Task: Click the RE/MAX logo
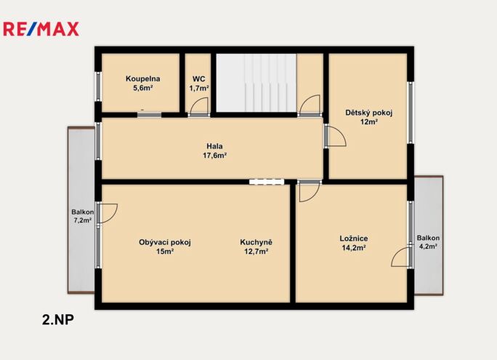tap(41, 29)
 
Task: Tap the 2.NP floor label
tap(58, 320)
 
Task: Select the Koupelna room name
tap(142, 79)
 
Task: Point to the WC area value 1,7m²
tap(199, 88)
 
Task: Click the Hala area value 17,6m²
tap(214, 156)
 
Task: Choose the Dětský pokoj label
tap(369, 113)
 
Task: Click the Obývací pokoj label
tap(165, 243)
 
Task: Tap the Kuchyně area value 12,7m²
tap(256, 252)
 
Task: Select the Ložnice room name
tap(354, 239)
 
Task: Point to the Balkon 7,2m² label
tap(82, 216)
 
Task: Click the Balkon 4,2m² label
tap(428, 241)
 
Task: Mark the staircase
tap(256, 82)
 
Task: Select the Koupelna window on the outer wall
tap(99, 87)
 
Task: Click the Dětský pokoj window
tap(411, 113)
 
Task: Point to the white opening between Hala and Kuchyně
tap(266, 182)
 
